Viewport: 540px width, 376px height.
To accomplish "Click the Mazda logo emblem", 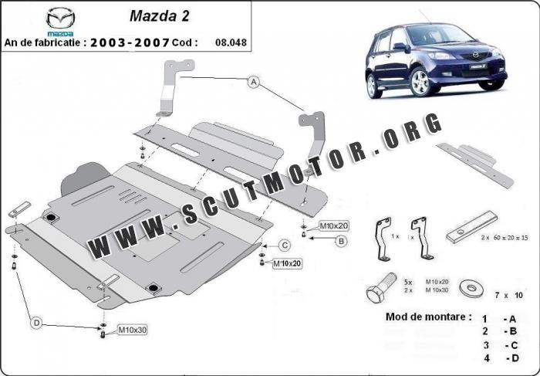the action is click(61, 19).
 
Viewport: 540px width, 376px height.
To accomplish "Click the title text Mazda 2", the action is click(160, 16).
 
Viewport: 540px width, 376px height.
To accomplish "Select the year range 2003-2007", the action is click(130, 42).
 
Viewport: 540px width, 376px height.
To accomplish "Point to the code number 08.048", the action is click(231, 42).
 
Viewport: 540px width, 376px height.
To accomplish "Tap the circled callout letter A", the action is click(254, 82).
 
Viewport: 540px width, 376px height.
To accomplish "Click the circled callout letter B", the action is click(341, 241).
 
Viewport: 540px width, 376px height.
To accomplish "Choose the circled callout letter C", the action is click(285, 246).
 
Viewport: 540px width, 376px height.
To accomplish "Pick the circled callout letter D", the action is click(36, 323).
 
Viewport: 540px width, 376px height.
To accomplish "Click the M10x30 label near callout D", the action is click(132, 330).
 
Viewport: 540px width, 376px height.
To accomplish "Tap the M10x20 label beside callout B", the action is click(334, 225).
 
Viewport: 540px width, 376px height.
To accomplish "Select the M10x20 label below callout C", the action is click(287, 263).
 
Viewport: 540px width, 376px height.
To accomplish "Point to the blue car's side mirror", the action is click(400, 46).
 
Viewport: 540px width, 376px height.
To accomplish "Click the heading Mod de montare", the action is click(429, 317).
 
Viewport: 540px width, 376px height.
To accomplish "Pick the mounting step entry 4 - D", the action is click(501, 358).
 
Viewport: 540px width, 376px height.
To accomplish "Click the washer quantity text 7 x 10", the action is click(508, 295).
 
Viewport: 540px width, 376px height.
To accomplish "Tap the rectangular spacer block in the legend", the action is click(472, 227).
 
